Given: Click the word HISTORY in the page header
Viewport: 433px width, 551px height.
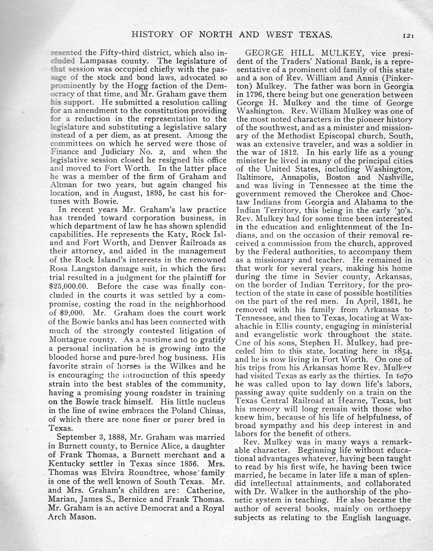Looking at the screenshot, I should [x=152, y=35].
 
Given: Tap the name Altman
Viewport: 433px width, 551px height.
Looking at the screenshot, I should [x=64, y=185].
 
